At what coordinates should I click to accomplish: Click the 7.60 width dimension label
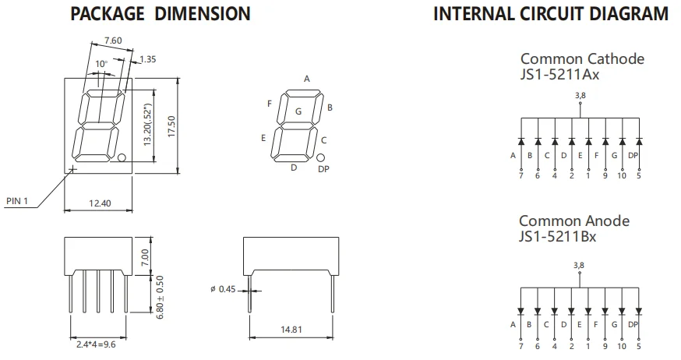coord(113,41)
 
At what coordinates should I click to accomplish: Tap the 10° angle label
coord(101,64)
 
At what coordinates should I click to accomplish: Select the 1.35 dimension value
coord(148,59)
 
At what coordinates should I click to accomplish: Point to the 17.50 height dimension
coord(171,127)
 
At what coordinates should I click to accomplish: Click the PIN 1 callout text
coord(17,200)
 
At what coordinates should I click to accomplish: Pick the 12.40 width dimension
coord(100,203)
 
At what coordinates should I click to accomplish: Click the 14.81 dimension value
coord(291,330)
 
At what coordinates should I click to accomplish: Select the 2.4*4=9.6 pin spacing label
coord(96,344)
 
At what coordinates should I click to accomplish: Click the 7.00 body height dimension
coord(145,257)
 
